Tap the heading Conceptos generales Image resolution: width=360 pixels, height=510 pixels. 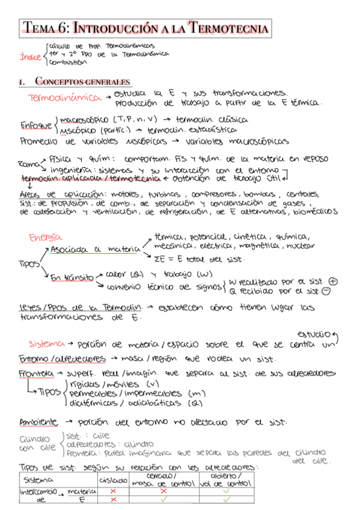click(x=83, y=82)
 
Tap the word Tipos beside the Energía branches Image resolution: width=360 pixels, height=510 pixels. click(x=28, y=263)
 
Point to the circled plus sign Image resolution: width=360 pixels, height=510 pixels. click(x=334, y=281)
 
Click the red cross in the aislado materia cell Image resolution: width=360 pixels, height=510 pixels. click(x=112, y=491)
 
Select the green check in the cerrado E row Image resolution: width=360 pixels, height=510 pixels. click(x=163, y=499)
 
